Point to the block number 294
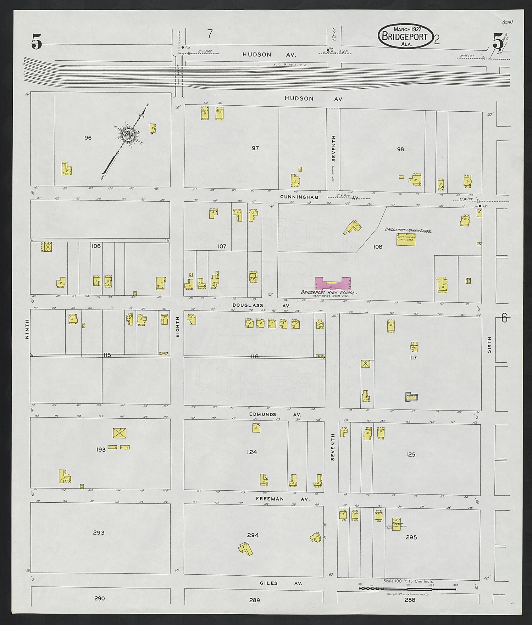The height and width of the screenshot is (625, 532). click(253, 535)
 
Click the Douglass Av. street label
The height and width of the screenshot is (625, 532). click(262, 305)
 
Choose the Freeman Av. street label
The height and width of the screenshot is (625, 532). click(283, 499)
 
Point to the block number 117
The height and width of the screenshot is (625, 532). click(413, 358)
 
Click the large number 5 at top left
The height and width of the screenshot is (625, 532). click(36, 42)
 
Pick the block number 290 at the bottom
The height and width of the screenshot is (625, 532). click(99, 598)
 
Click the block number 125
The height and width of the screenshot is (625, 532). click(410, 454)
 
